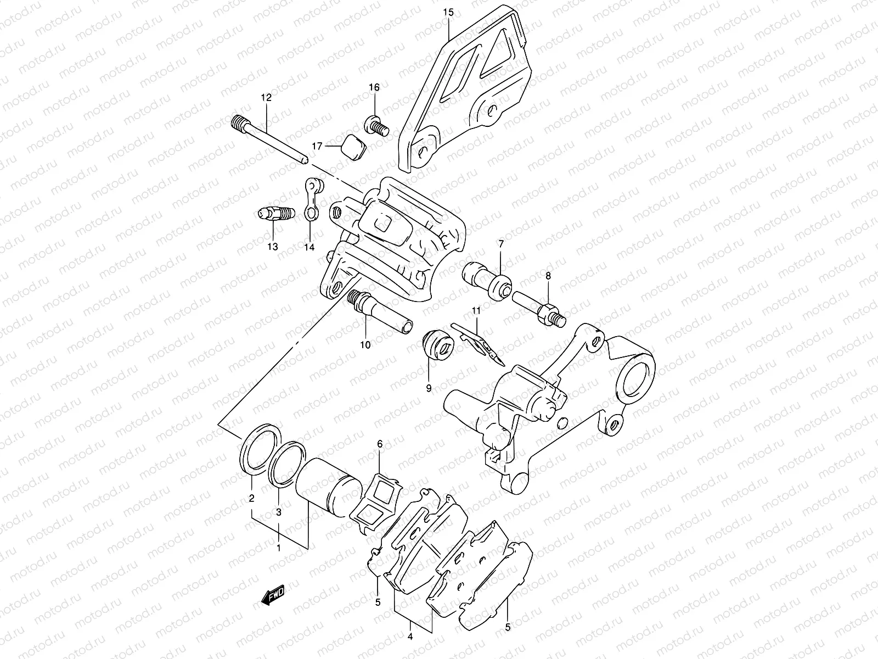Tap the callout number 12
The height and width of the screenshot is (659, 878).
[266, 98]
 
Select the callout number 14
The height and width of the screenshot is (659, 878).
[309, 248]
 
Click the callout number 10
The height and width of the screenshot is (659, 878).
[365, 345]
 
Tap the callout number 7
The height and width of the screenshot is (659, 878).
[500, 244]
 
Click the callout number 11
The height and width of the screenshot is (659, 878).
[476, 311]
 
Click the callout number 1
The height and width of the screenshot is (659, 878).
[279, 548]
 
